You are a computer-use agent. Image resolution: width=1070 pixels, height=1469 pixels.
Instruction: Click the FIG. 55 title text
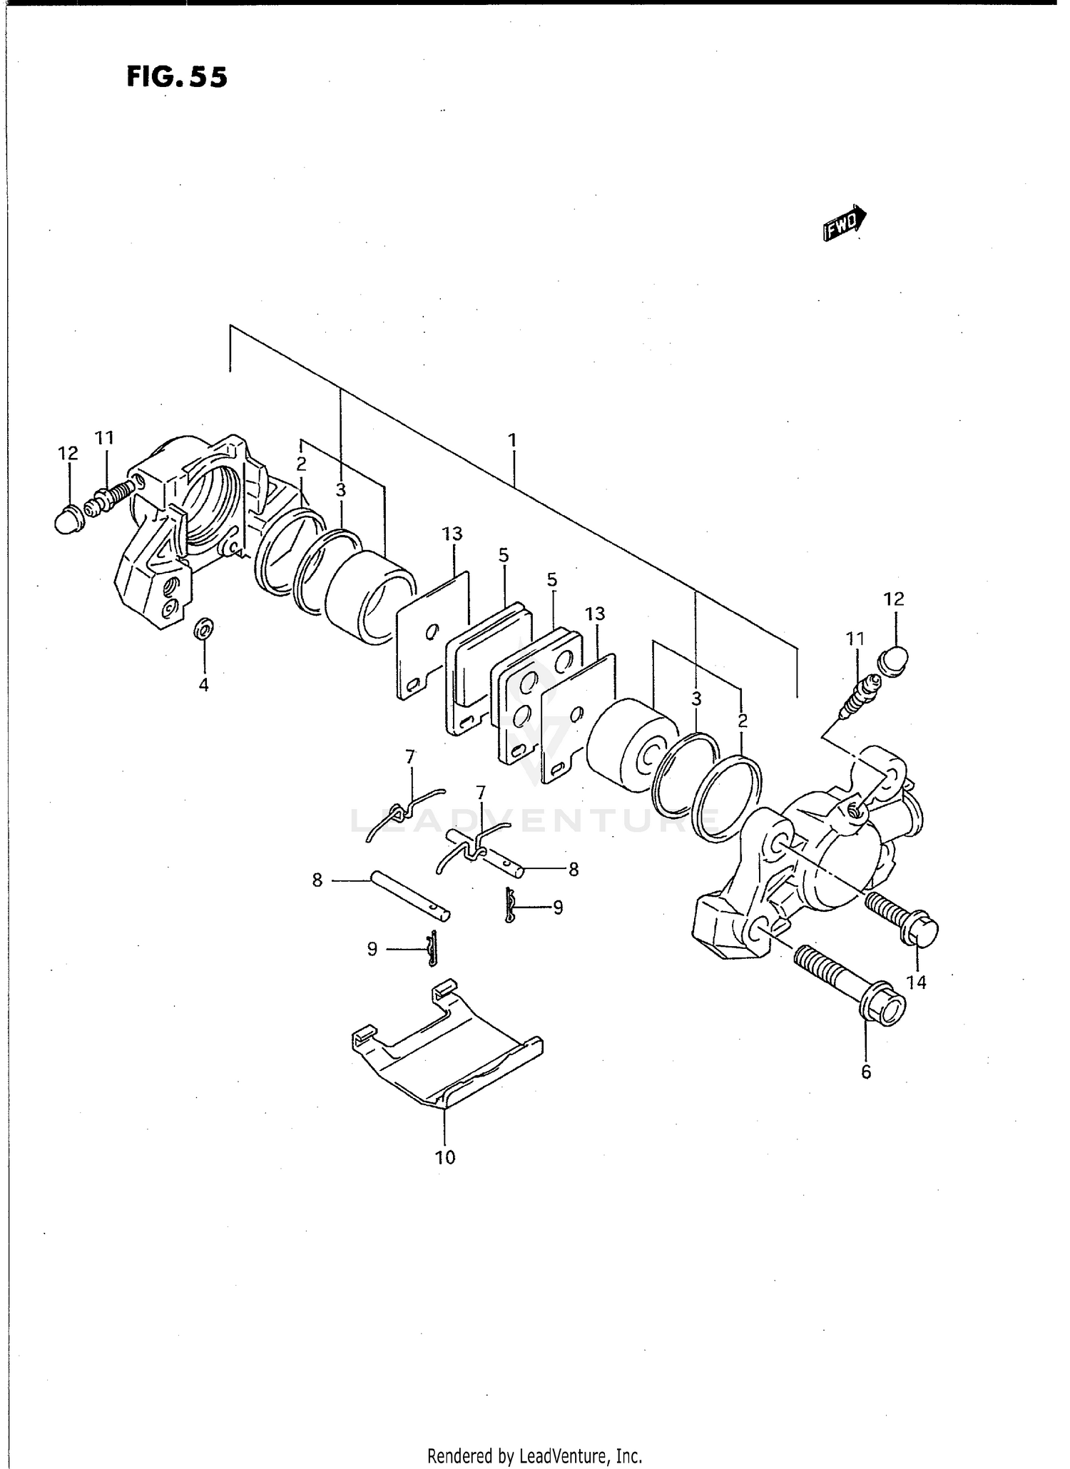[177, 77]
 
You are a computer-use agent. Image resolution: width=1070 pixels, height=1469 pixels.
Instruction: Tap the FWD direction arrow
[845, 225]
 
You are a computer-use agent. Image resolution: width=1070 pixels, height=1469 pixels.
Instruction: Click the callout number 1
[512, 440]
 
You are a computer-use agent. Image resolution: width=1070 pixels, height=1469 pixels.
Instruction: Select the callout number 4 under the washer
[203, 686]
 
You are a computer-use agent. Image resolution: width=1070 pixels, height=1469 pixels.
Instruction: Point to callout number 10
[445, 1157]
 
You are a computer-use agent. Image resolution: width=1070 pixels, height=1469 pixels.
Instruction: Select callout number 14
[916, 982]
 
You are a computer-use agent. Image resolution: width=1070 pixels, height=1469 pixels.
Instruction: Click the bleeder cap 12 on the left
[68, 519]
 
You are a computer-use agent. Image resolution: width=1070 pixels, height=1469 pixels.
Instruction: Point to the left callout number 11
[105, 438]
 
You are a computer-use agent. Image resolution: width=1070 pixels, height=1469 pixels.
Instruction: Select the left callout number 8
[317, 880]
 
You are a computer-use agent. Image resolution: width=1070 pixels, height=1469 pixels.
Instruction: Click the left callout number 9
[372, 950]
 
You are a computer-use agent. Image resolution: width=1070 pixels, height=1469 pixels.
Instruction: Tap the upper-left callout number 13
[452, 534]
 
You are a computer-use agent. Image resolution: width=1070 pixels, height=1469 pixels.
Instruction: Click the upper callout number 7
[410, 758]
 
